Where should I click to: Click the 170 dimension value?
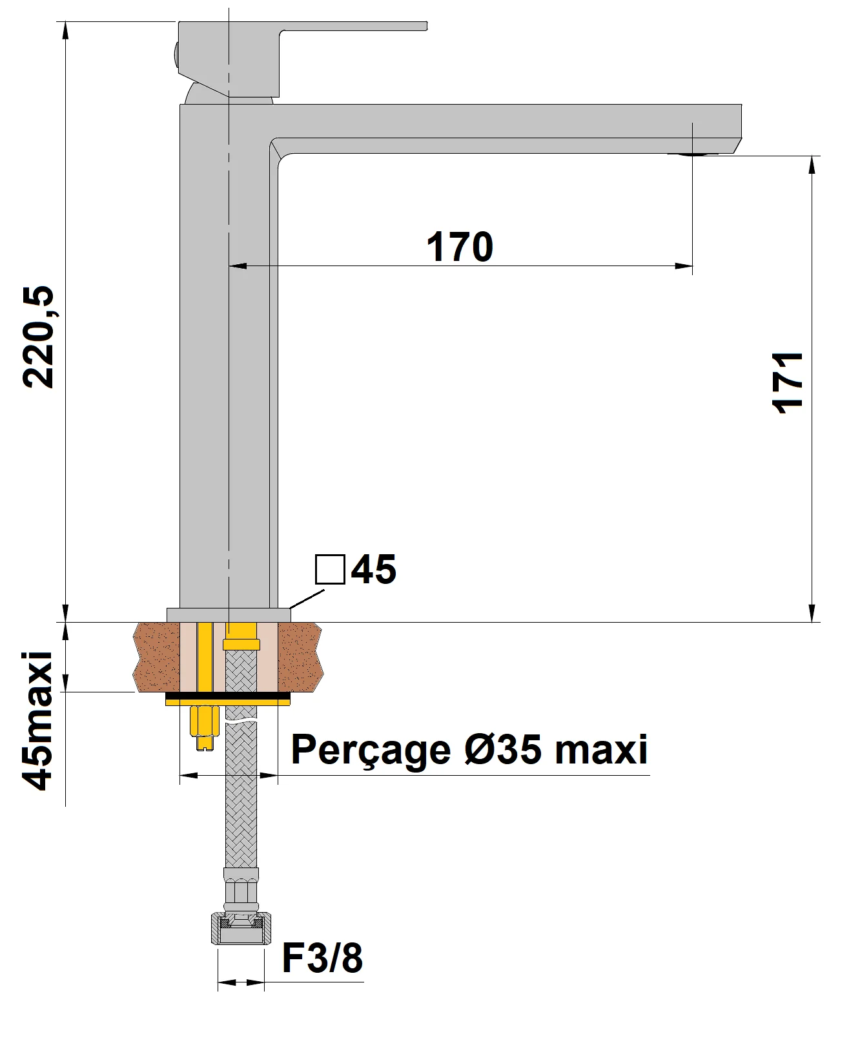(x=460, y=247)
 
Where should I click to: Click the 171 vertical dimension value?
(x=788, y=382)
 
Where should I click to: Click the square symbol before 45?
(x=330, y=569)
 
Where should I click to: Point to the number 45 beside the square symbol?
(x=374, y=569)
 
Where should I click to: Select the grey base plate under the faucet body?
(x=228, y=614)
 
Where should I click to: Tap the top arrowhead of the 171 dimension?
(x=812, y=164)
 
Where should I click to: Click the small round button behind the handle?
(x=175, y=54)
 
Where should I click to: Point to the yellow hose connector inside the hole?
(x=241, y=643)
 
